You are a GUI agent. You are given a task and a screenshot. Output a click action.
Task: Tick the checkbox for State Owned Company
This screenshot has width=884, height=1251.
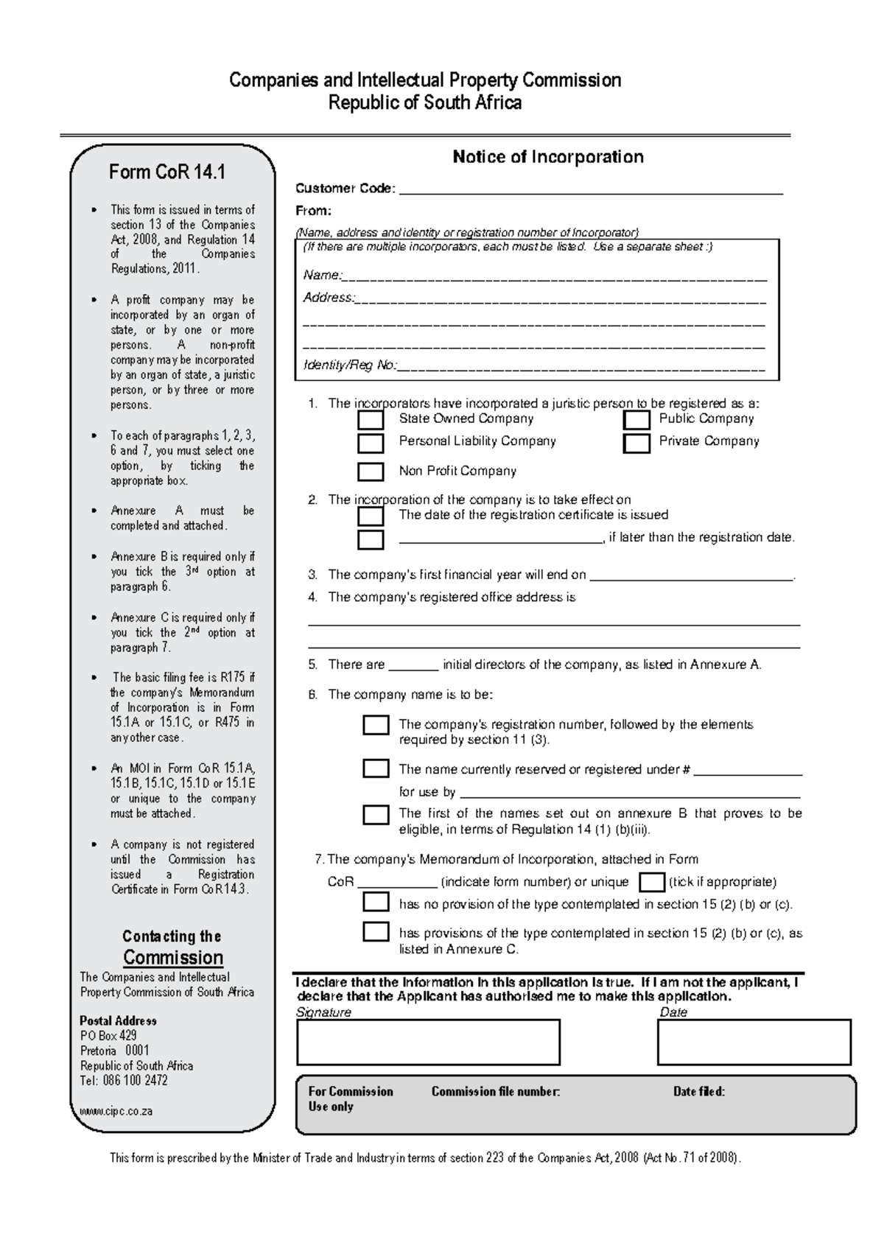[x=371, y=420]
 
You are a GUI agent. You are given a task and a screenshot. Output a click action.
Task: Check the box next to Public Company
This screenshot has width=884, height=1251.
[x=636, y=420]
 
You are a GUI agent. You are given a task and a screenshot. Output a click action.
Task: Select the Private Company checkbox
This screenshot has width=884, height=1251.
[x=636, y=444]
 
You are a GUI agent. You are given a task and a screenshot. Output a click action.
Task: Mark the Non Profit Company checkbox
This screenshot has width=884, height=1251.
[x=371, y=472]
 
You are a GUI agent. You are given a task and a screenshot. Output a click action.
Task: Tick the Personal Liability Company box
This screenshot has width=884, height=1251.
[x=371, y=444]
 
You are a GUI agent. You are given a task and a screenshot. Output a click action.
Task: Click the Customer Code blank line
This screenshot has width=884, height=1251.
[x=589, y=190]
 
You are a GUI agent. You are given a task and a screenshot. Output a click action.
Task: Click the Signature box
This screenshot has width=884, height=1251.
[x=428, y=1042]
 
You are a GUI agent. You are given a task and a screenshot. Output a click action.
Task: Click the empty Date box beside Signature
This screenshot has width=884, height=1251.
[x=754, y=1042]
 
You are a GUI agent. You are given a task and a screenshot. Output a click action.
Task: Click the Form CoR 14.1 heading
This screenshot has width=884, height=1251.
[x=167, y=172]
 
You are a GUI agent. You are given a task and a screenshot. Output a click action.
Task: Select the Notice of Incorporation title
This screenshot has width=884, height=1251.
[x=548, y=157]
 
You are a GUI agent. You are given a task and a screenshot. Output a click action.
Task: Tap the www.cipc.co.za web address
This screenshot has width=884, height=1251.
[x=116, y=1111]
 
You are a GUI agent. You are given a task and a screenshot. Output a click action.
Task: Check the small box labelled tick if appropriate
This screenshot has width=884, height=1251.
[x=652, y=882]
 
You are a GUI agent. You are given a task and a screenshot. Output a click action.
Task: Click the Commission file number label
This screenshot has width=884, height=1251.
[x=496, y=1092]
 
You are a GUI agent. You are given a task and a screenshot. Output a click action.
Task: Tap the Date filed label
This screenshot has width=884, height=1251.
[x=699, y=1092]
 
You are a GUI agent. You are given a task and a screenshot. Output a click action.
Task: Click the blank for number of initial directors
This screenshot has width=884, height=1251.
[x=413, y=666]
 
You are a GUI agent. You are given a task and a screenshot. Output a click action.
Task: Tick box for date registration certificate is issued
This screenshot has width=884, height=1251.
[x=371, y=516]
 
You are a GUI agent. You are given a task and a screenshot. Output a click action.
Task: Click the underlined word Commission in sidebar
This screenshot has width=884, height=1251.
[x=173, y=958]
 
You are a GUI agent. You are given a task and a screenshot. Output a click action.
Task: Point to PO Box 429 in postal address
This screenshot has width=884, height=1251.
[x=108, y=1036]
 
